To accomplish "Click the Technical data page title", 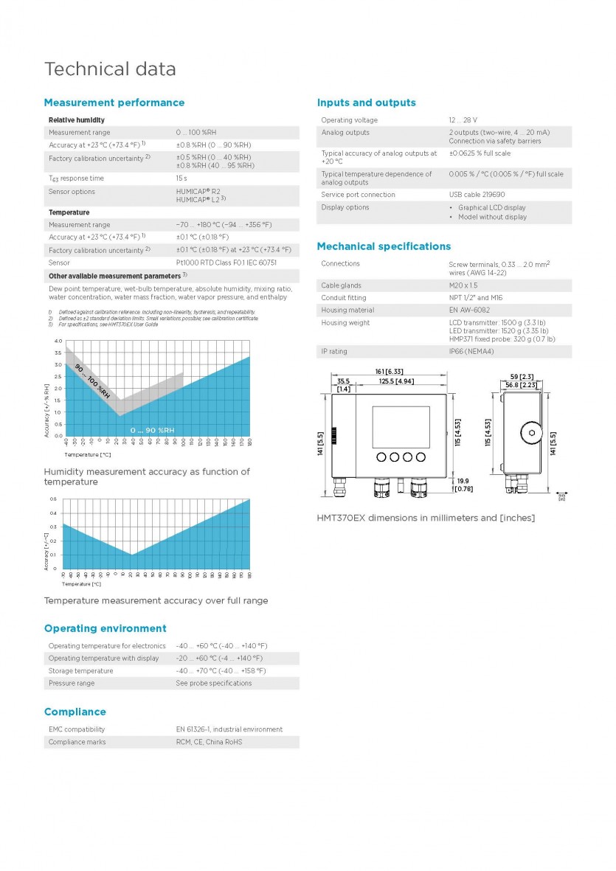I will coord(110,69).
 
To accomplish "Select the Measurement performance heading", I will coord(114,103).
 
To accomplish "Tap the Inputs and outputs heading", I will coord(366,103).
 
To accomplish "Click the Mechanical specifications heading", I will coord(384,246).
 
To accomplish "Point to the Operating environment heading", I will coord(105,628).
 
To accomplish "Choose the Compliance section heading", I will coord(75,712).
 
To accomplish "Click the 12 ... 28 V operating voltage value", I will coord(463,120).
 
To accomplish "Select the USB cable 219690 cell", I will coord(477,195).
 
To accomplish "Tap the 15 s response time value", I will coord(181,178).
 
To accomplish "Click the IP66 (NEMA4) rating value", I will coord(471,351).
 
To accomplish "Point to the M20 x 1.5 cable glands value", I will coord(463,285).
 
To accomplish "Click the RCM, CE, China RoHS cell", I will coord(209,742).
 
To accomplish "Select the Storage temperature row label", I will coord(80,671).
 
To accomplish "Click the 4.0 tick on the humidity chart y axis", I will coord(58,341).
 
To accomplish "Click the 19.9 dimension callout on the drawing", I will coord(463,481).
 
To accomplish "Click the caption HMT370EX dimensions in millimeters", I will coord(426,518).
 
